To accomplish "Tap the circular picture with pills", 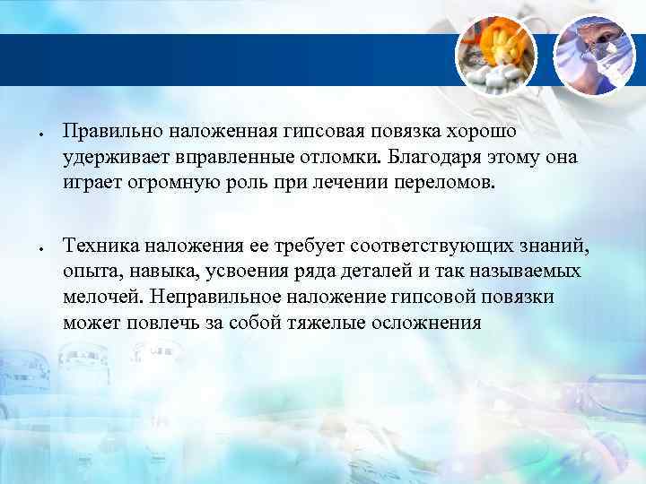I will click(x=496, y=55).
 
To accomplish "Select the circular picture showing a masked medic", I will click(x=595, y=55).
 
